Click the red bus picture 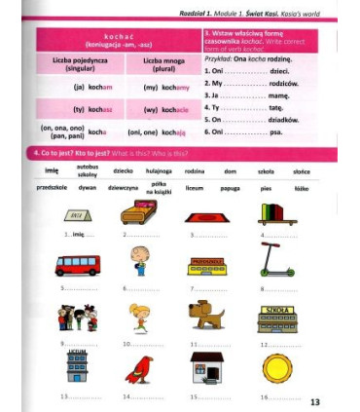[78, 264]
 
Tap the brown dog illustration [206, 314]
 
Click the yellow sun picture [276, 367]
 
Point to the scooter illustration [274, 259]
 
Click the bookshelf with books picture [277, 212]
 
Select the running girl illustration [140, 317]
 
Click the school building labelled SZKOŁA [278, 319]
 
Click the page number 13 [314, 402]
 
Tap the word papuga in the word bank [232, 186]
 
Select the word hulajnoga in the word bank [158, 169]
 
